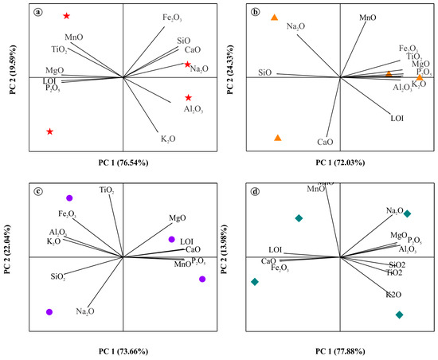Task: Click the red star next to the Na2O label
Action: (187, 65)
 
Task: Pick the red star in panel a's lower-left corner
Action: (50, 131)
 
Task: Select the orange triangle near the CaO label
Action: (277, 138)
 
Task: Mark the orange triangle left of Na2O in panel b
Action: (274, 18)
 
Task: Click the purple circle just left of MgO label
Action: (170, 239)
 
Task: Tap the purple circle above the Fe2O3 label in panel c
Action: (69, 198)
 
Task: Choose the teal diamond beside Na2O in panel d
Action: (407, 213)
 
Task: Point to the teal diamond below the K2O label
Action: (399, 315)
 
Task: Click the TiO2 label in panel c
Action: (107, 190)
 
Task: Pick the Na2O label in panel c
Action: (86, 311)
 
